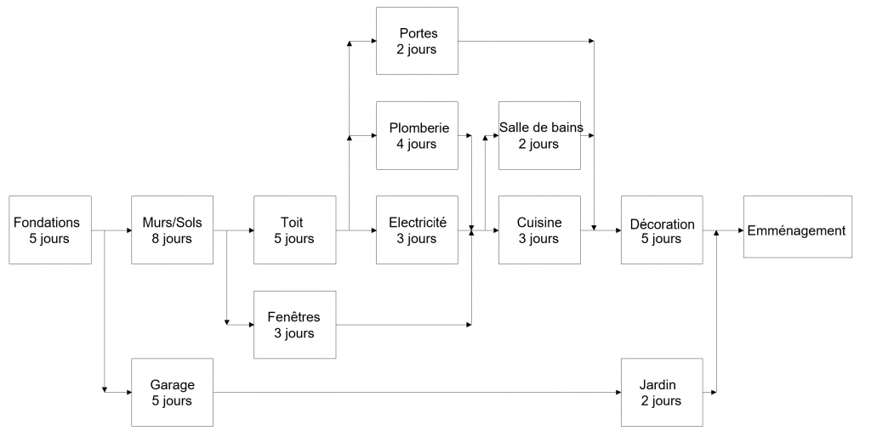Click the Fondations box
50,230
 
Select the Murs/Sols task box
172,230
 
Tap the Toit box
294,230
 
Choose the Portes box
417,41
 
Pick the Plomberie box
417,135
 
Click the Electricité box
417,230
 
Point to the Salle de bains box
539,135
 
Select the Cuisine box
539,230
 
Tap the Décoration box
662,230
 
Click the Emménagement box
798,226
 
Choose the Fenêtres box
294,325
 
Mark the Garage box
172,393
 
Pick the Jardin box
662,393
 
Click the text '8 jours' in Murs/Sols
172,239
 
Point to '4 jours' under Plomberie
417,145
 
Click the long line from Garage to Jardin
417,393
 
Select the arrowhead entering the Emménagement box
741,230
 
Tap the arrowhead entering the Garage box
128,393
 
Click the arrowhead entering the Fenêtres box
251,325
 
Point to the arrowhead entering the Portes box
373,41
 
